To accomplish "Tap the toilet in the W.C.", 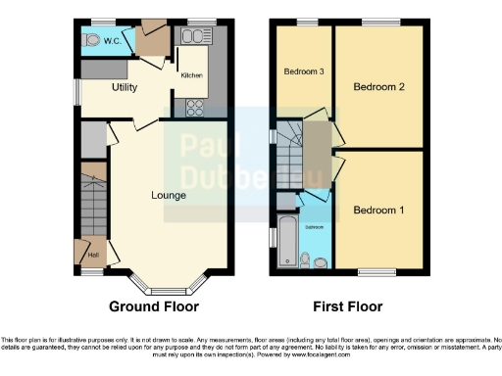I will [x=91, y=40].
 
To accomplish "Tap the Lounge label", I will [x=169, y=195].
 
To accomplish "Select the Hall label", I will [x=92, y=256].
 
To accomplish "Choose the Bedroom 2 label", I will [x=379, y=87].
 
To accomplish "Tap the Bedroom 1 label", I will [x=379, y=211].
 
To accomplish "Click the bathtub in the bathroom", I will [x=286, y=243].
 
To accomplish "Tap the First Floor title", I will [x=347, y=306].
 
